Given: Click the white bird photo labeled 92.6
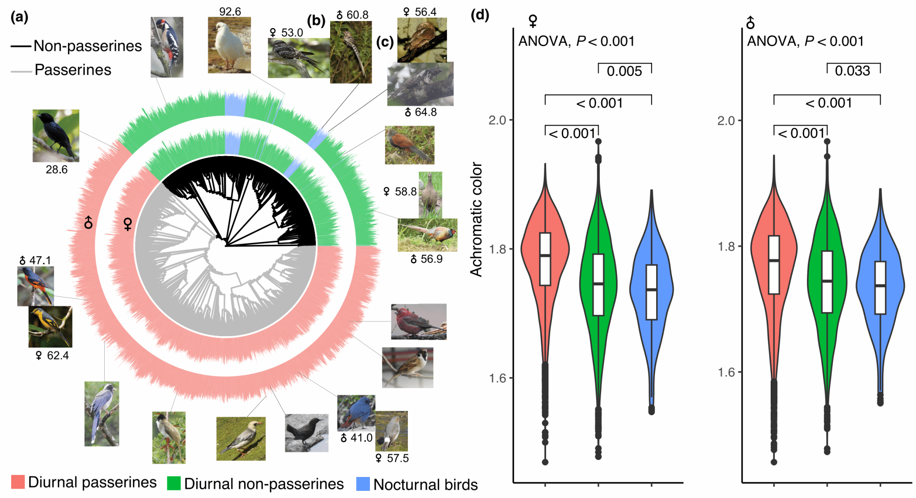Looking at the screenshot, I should click(x=229, y=45).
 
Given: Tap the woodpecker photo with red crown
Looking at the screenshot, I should click(x=167, y=47).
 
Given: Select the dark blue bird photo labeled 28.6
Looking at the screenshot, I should click(x=56, y=135).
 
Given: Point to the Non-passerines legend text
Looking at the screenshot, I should click(x=88, y=46).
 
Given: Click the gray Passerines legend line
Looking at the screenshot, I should click(x=21, y=71).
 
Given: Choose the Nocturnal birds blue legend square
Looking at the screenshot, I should click(x=363, y=484).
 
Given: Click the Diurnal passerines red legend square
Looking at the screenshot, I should click(x=18, y=482).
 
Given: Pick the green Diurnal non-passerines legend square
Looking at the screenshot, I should click(x=174, y=483).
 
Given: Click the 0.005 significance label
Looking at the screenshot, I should click(x=624, y=71).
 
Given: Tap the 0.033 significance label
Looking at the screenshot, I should click(x=852, y=71).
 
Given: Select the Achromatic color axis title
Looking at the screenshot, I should click(x=476, y=219).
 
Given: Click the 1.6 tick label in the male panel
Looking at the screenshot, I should click(x=726, y=372).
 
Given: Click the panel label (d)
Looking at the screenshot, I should click(x=480, y=15).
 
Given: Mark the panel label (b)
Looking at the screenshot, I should click(x=316, y=20).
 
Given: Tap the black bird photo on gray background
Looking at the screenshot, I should click(x=306, y=433).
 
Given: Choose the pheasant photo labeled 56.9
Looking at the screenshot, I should click(x=427, y=235).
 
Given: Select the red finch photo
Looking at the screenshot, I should click(x=418, y=321).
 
